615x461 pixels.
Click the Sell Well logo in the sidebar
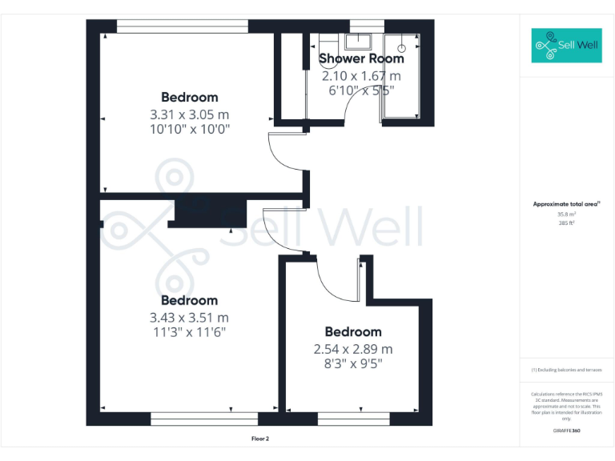point(565,46)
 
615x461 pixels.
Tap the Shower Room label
point(361,58)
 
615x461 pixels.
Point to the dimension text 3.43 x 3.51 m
point(189,317)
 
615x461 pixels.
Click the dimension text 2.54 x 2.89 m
point(353,349)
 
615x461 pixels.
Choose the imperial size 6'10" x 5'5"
point(361,91)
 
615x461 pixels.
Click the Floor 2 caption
point(259,439)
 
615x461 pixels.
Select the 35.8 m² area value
point(567,214)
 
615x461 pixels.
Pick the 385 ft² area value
point(567,223)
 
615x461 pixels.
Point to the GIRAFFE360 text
point(566,431)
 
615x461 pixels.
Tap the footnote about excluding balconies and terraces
point(566,370)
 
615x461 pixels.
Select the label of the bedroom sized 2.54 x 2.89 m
point(353,332)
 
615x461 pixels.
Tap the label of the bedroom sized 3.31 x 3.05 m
point(189,98)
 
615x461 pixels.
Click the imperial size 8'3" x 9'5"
point(353,364)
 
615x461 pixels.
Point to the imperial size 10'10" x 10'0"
point(189,128)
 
